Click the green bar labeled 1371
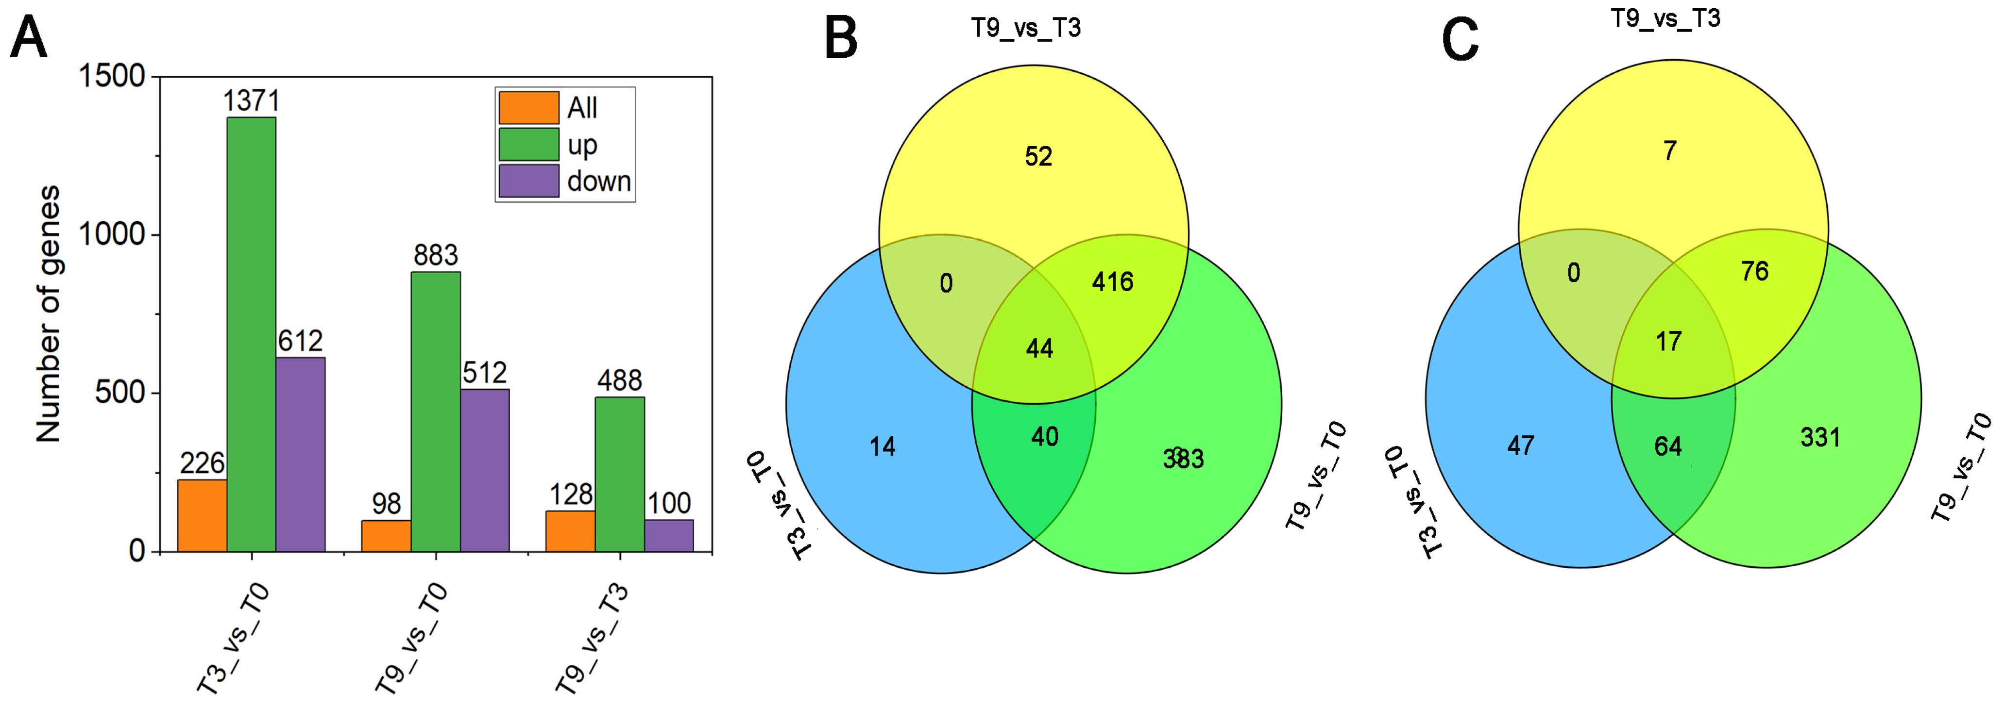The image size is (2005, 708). pos(251,334)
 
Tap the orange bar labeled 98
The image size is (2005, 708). pos(386,536)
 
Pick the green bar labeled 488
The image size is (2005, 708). pos(620,475)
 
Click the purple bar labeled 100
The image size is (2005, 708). pos(669,536)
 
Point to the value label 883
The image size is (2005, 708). pos(436,255)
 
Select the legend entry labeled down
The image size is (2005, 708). pos(598,181)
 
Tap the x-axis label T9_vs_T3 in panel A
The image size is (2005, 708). pos(592,638)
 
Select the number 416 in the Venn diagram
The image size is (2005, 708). pos(1112,281)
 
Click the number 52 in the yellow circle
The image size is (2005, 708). pos(1038,156)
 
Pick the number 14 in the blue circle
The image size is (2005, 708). pos(883,446)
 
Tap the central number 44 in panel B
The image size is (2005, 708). pos(1039,348)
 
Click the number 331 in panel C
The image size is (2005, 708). pos(1820,437)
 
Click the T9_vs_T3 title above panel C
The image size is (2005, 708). pos(1665,18)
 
